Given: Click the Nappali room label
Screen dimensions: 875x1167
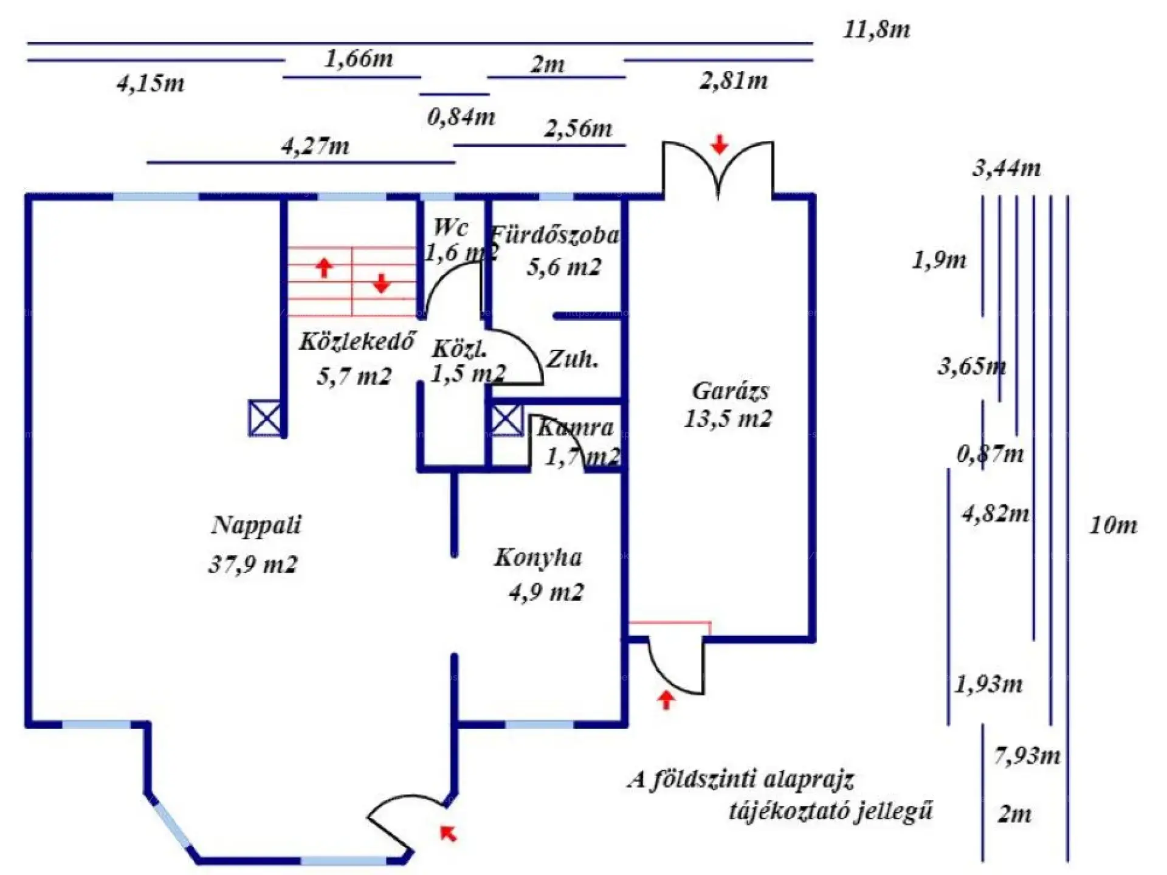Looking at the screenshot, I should [256, 525].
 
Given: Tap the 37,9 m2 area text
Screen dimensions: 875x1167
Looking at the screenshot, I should [253, 564].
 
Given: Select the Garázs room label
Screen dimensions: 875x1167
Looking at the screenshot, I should [730, 391].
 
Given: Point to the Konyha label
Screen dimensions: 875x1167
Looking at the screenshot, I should [538, 557].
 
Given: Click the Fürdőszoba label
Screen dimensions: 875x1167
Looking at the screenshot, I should [555, 235].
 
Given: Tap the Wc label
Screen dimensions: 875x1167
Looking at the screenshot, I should [450, 227].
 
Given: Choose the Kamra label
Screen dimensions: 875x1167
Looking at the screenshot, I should [575, 428].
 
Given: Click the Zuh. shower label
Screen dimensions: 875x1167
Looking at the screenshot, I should [572, 359].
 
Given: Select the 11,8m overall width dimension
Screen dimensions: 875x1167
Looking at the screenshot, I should [876, 29].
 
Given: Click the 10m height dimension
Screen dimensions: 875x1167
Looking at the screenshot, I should [1112, 525].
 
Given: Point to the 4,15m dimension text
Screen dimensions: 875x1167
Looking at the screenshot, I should [150, 83].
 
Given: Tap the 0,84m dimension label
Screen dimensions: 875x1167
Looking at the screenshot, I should [461, 117].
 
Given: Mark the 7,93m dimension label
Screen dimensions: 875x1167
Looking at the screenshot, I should [1027, 756].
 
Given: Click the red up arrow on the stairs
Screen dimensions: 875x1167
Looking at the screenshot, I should [325, 267].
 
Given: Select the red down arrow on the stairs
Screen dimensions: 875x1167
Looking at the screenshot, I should [381, 283].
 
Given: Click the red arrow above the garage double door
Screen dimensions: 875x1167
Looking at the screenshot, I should [720, 145].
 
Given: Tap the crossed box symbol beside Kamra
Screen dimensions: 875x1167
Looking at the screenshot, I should [506, 420].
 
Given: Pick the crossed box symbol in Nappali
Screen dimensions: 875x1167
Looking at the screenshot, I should [266, 418].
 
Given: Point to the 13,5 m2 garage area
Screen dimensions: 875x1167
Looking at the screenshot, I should [728, 419].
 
